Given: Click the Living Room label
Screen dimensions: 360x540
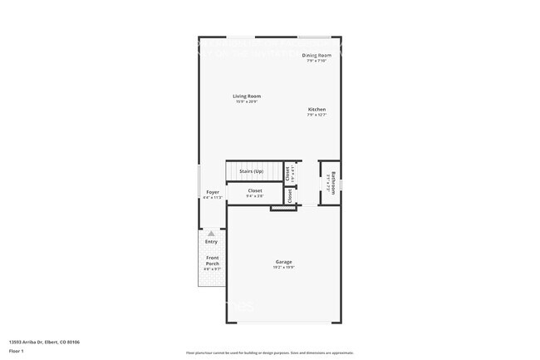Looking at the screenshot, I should coord(246,96).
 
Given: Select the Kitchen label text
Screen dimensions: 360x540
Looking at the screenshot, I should coord(317,110).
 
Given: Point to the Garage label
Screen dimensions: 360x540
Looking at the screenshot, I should coord(284,262).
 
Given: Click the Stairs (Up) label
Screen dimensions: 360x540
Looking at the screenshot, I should coord(251,171).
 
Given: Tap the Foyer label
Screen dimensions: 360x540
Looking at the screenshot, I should coord(213,192).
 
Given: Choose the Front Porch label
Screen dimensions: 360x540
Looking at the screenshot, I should coord(213,260).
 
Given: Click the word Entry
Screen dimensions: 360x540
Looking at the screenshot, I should coord(211,242).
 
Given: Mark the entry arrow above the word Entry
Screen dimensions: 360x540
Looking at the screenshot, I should coord(211,234).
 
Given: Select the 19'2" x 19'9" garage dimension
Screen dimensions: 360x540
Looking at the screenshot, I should coord(284,268).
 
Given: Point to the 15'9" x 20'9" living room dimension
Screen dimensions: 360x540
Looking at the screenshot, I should coord(246,101).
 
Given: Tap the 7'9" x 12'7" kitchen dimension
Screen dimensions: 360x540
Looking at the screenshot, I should coord(317,115).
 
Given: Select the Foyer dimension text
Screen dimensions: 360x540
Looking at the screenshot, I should coord(213,198).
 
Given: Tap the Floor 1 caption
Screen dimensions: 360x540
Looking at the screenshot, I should coord(16,352).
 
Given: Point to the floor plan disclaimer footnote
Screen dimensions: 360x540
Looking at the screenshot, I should coord(269,353).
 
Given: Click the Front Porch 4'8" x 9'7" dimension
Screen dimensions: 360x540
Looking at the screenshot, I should coord(213,269).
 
